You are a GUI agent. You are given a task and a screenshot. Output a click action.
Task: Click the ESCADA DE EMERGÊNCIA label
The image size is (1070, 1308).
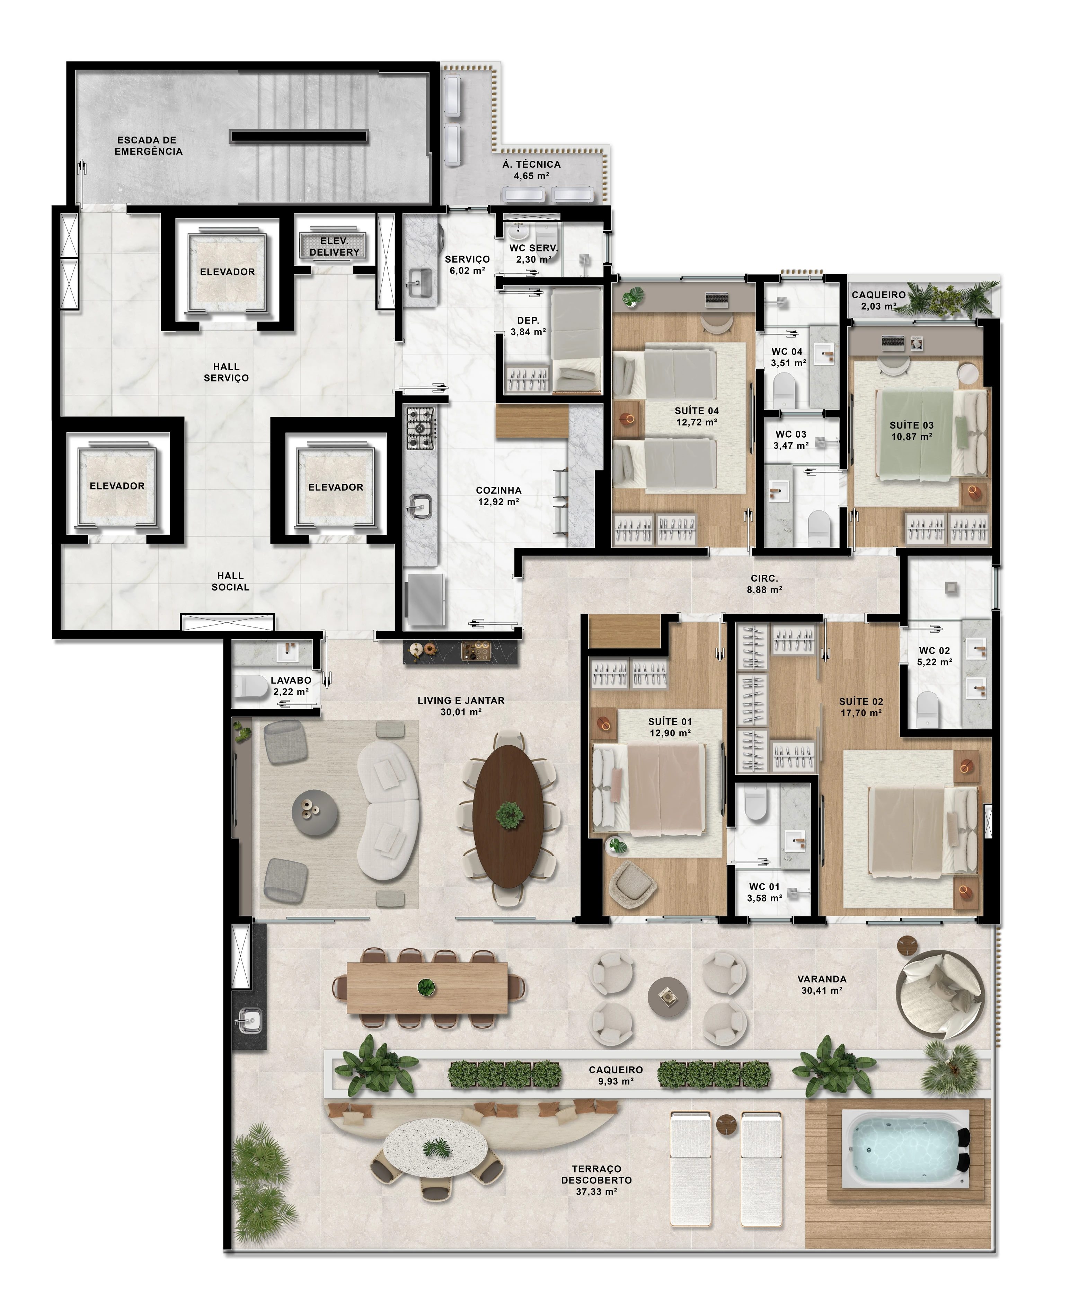pos(149,146)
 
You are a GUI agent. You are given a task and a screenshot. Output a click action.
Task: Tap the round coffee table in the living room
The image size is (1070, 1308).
pos(314,813)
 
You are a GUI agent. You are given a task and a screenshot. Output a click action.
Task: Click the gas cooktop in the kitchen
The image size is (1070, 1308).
pos(420,428)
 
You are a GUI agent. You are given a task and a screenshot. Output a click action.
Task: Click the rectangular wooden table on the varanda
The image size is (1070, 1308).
pos(427,988)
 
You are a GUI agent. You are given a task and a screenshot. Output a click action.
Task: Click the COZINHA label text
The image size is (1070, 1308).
pos(499,491)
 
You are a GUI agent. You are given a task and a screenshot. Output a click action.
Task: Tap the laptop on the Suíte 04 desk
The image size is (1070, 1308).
pos(717,300)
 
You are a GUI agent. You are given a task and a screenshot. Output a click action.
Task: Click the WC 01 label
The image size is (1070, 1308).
pos(764,886)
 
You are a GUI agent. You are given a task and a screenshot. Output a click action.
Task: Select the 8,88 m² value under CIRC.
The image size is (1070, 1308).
pos(764,590)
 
